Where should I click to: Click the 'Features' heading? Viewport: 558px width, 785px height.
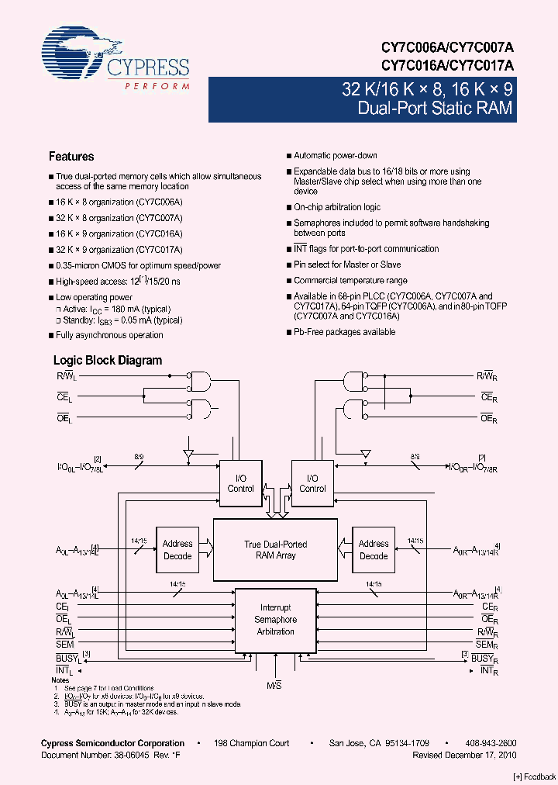[x=71, y=156]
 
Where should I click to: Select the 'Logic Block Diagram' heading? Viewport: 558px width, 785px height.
[x=107, y=361]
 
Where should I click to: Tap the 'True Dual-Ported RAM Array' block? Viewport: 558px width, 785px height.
[x=275, y=550]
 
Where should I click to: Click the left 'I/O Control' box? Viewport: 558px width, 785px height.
[x=240, y=483]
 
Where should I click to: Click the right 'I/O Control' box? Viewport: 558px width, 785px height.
[x=312, y=483]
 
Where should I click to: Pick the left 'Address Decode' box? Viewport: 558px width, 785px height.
[x=177, y=550]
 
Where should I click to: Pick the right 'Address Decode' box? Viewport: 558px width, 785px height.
[x=374, y=550]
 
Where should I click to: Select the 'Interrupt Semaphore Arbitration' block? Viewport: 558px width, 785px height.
[x=275, y=620]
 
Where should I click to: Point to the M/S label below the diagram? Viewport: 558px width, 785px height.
[x=276, y=685]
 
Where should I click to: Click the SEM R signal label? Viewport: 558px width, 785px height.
[x=486, y=645]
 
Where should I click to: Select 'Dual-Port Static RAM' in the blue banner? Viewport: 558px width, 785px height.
[x=435, y=109]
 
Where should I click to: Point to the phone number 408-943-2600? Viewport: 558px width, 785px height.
[x=490, y=743]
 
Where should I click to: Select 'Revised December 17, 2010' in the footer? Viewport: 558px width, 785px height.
[x=464, y=755]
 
